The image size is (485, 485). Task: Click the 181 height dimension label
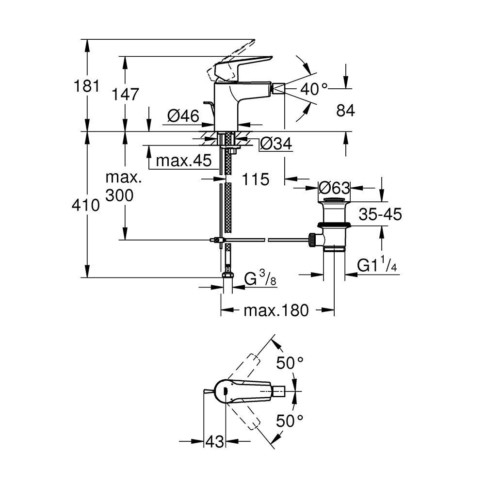click(x=87, y=86)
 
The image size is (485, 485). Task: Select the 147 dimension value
click(x=125, y=94)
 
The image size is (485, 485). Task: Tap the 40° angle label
click(x=314, y=89)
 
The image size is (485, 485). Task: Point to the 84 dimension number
click(x=345, y=111)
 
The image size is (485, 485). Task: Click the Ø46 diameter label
click(x=183, y=116)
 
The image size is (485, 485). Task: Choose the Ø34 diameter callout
click(x=276, y=144)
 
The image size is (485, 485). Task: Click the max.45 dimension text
click(x=184, y=161)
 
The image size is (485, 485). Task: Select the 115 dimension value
click(x=255, y=179)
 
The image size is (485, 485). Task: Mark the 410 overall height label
click(x=86, y=205)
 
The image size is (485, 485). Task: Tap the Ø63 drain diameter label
click(x=334, y=187)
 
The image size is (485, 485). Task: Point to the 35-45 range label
click(x=380, y=214)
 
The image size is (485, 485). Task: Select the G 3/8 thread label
click(x=260, y=278)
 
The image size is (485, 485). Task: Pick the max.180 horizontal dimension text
click(x=276, y=310)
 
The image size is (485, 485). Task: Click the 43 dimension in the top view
click(x=214, y=441)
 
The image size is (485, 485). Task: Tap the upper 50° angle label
click(x=290, y=363)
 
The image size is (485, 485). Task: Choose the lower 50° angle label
click(x=290, y=420)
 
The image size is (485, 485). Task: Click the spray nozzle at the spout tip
click(x=279, y=89)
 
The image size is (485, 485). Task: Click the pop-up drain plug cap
click(x=334, y=199)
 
